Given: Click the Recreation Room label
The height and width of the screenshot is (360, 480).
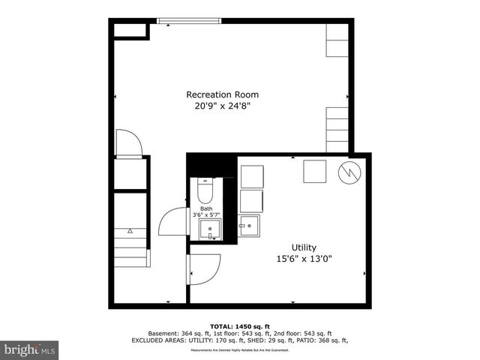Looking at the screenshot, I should click(x=222, y=94).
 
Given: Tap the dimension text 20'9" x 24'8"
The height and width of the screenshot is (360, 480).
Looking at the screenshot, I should click(x=222, y=106).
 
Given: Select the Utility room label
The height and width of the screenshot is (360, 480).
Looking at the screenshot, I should click(x=304, y=247).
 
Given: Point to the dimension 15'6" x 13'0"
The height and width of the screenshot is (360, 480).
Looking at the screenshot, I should click(x=304, y=259).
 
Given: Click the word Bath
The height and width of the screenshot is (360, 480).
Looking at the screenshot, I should click(x=205, y=209).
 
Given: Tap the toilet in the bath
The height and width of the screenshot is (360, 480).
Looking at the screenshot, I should click(x=205, y=192).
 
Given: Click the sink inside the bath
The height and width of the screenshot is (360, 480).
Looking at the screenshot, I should click(x=211, y=230).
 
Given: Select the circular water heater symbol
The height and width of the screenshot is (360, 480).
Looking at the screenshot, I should click(x=349, y=173).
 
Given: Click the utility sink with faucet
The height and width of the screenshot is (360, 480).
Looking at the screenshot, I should click(x=250, y=226).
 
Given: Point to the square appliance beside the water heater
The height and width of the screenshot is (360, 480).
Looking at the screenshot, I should click(x=314, y=172).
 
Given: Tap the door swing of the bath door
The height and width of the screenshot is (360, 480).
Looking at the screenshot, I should click(x=171, y=223).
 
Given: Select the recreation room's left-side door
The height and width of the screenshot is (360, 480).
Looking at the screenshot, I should click(x=128, y=143).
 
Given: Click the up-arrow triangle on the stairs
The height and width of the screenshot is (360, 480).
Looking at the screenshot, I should click(x=130, y=231).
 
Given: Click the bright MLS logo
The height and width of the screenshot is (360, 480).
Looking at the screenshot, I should click(x=30, y=349).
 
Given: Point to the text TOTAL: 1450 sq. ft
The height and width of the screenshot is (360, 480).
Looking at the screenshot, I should click(x=240, y=327).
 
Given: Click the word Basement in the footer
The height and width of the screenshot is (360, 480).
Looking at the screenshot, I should click(x=165, y=334).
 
